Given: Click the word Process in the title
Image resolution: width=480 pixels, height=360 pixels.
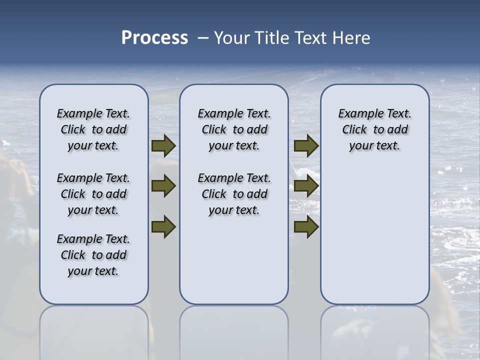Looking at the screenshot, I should pos(154,38).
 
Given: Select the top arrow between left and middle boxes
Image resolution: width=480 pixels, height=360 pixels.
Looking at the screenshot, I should pos(163,146).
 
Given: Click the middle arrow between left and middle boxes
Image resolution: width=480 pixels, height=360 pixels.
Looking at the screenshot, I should pos(163,186).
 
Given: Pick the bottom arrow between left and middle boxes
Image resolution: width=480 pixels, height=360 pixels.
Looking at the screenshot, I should pos(163,226).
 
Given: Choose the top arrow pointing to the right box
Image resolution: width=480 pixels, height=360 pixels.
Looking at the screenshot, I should pos(306,146).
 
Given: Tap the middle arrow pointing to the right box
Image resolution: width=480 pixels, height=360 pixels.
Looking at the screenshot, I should pos(306,186).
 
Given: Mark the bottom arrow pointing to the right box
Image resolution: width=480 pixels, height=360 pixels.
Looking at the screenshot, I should pos(306,226).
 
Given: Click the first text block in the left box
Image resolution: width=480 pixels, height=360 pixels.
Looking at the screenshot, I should pos(93,129).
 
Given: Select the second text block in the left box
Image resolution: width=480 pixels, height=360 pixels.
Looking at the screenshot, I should pos(93,194).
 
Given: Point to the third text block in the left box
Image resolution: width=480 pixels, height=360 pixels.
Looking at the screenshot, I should pos(93,255).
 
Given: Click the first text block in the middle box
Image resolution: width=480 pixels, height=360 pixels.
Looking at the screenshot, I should pos(234,129).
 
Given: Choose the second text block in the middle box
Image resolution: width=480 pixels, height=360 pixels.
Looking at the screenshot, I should pos(234,194).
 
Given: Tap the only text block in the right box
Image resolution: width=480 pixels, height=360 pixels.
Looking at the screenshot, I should pos(374,129).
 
